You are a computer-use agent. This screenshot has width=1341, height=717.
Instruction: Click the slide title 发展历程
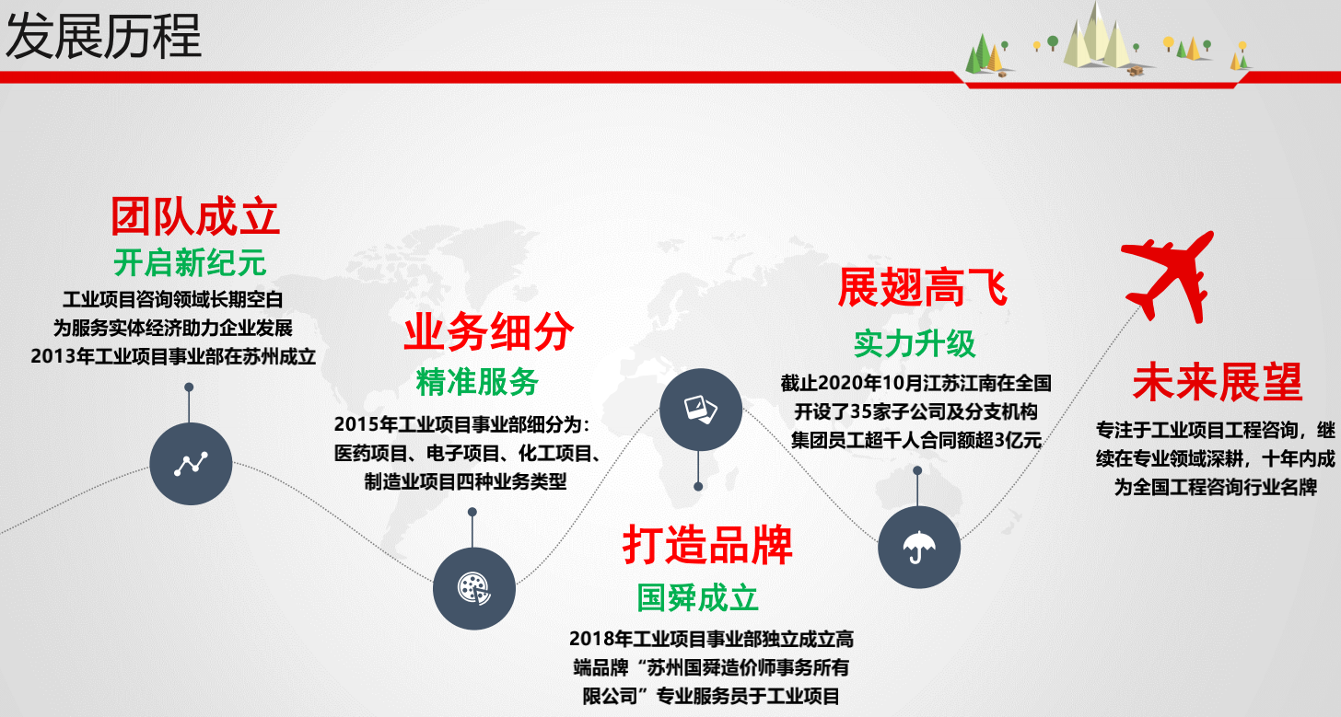click(x=103, y=37)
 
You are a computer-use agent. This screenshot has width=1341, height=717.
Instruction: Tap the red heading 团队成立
click(x=195, y=216)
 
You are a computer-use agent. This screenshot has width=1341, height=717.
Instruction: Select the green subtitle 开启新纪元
click(x=190, y=262)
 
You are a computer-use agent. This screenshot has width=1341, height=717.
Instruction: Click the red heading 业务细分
click(x=488, y=332)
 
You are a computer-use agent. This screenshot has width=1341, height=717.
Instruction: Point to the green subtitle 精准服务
click(x=477, y=382)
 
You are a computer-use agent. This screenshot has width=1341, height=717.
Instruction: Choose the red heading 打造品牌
click(x=707, y=545)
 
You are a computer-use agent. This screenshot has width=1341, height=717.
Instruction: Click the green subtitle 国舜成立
click(x=697, y=598)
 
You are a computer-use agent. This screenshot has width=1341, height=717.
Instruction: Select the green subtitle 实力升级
click(x=915, y=343)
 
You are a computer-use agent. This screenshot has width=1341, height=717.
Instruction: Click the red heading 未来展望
click(x=1218, y=382)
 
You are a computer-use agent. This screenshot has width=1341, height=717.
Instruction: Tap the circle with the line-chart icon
click(x=191, y=463)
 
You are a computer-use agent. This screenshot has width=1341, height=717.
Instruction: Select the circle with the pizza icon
click(x=474, y=588)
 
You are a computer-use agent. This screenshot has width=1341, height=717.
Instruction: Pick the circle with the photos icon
click(x=701, y=410)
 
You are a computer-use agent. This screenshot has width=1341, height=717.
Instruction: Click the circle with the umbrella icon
click(x=919, y=547)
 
